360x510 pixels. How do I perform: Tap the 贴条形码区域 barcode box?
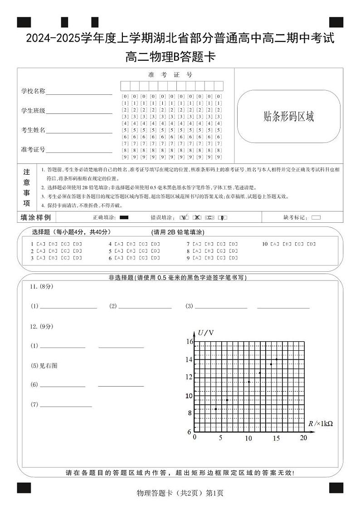(288, 117)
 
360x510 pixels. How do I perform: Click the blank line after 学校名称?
(79, 92)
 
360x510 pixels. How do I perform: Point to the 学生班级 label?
(33, 111)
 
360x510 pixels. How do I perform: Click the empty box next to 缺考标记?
(316, 217)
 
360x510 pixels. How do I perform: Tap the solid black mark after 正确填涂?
(124, 217)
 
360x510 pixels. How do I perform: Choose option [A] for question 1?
(41, 244)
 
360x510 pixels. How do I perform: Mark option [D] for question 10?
(311, 244)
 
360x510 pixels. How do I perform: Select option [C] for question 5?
(143, 251)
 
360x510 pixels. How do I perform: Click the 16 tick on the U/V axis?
(190, 341)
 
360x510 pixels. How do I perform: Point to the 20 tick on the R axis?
(304, 438)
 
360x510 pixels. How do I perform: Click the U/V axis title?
(205, 333)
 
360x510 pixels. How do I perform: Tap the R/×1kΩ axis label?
(321, 423)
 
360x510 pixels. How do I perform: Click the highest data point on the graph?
(277, 359)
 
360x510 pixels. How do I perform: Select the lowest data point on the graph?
(216, 409)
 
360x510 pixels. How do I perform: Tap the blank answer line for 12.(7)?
(66, 405)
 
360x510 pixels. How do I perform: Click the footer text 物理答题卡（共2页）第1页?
(180, 493)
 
